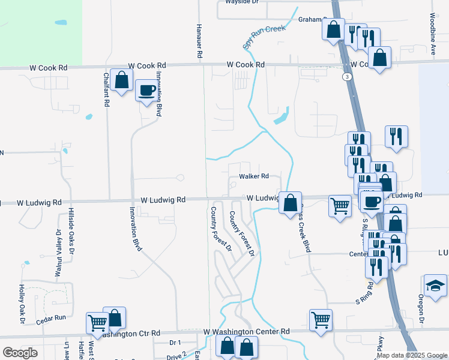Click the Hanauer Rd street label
pos(199,41)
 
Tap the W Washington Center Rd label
pos(246,331)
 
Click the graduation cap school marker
pos(435,285)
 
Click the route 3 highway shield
pos(347,77)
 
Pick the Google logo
pos(20,353)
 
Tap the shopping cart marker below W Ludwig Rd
pos(340,206)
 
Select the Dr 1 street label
pos(175,343)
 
